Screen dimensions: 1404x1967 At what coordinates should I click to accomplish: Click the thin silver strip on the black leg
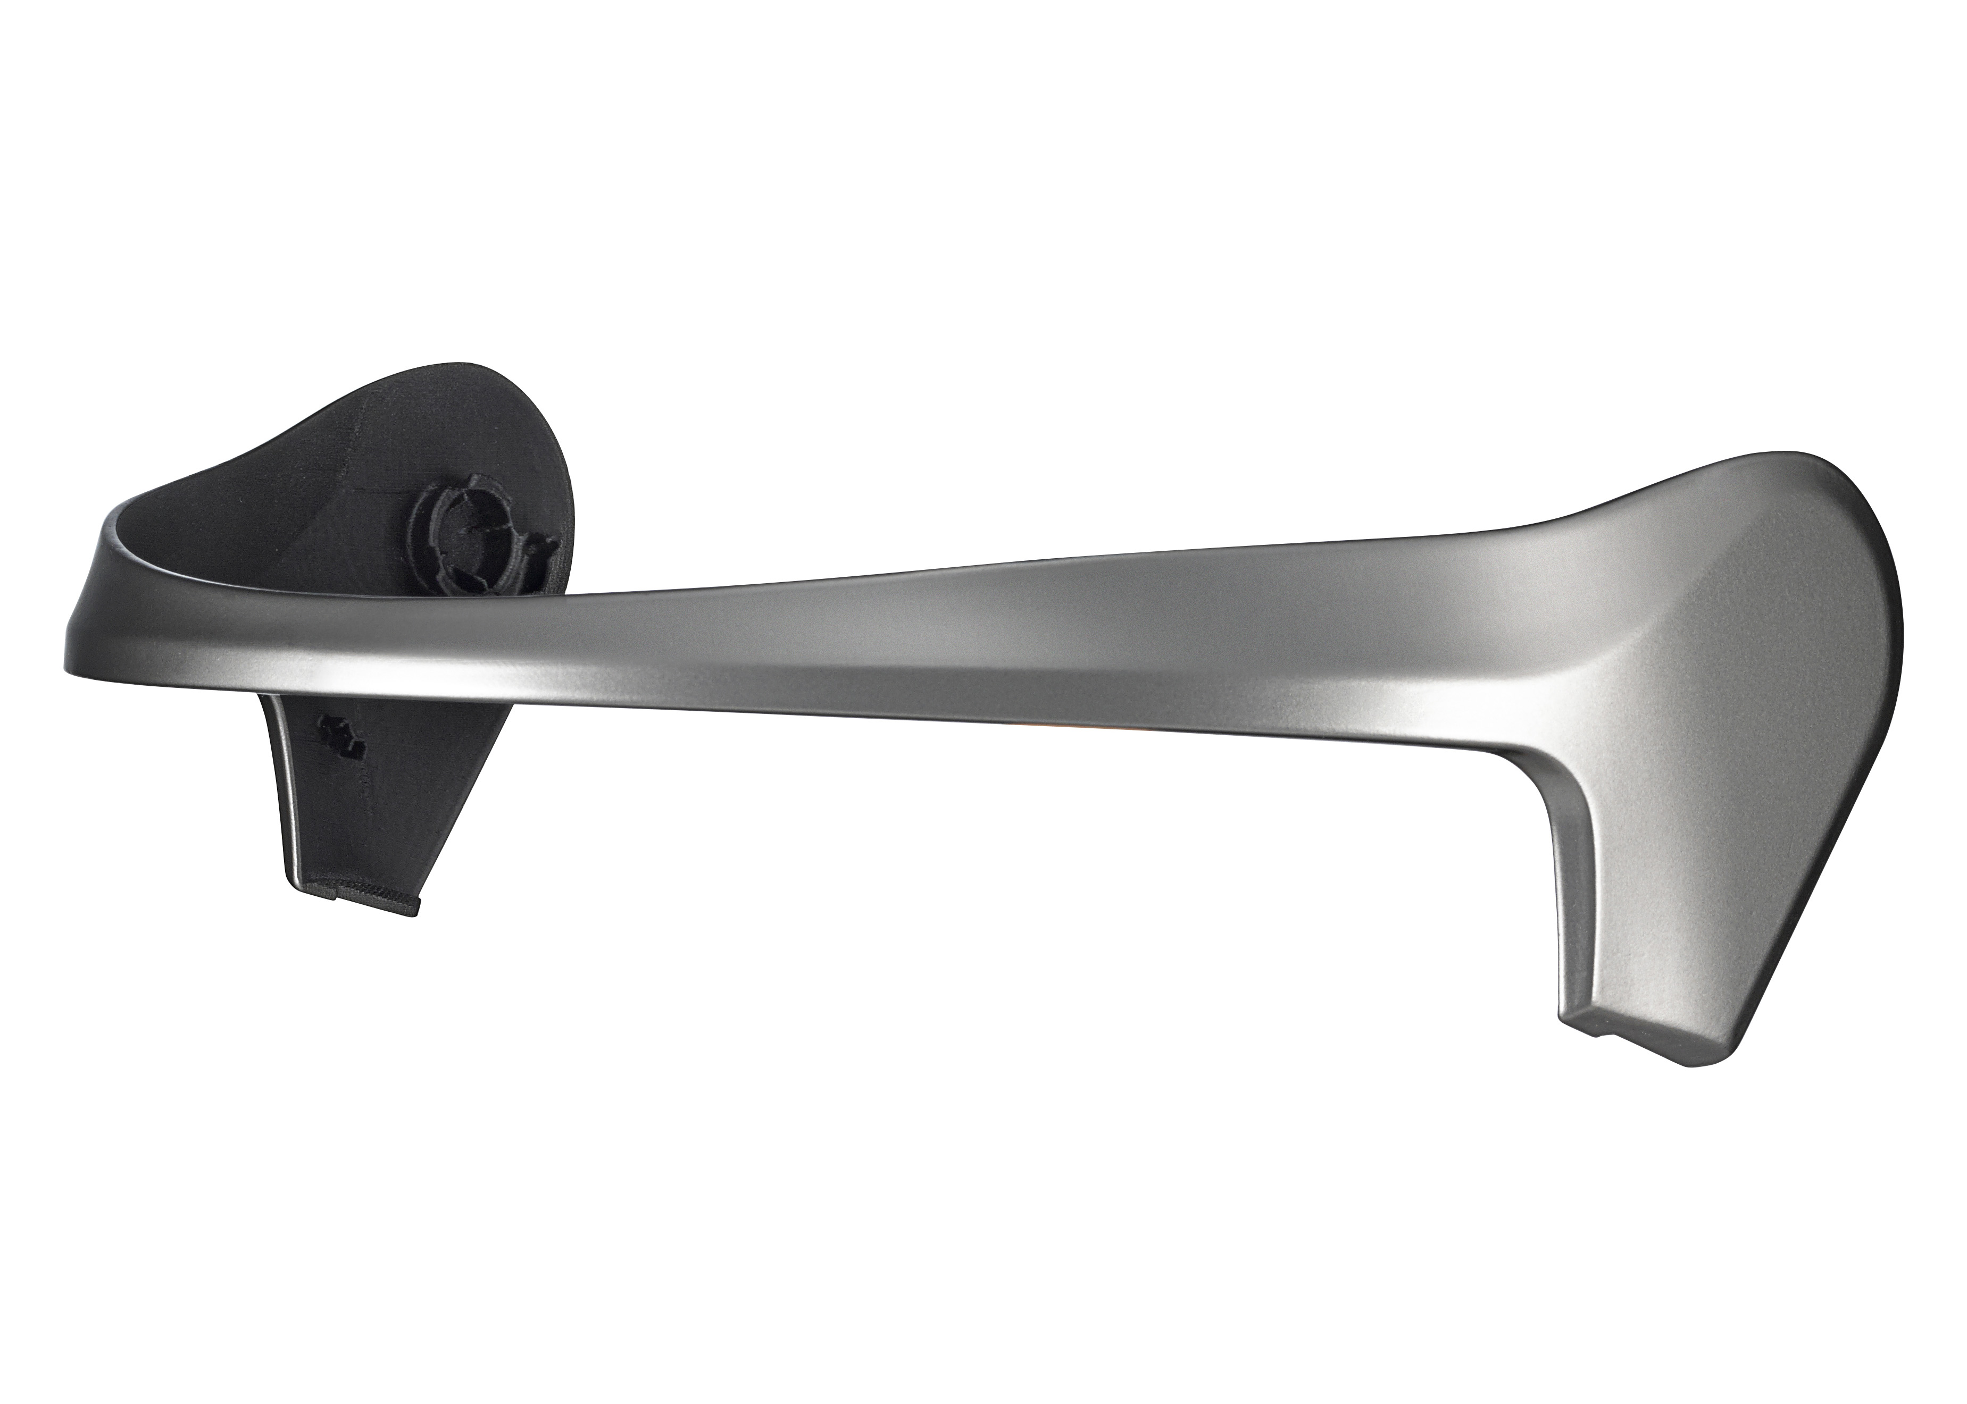[286, 778]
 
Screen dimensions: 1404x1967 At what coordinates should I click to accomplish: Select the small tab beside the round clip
[545, 547]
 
